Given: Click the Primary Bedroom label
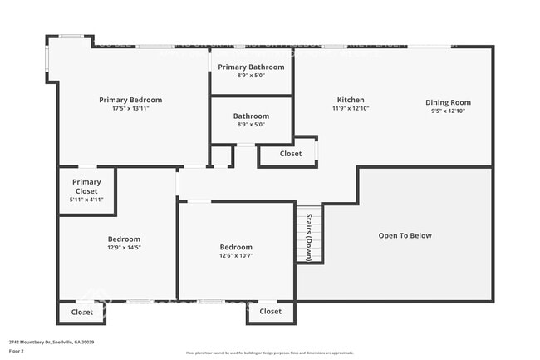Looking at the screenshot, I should (130, 100).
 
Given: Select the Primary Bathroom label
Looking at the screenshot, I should (251, 67).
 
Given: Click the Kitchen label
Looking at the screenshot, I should (350, 100).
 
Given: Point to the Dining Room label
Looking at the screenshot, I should (449, 102).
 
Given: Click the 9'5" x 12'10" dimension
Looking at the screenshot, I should (449, 111).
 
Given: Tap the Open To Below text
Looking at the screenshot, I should (405, 235).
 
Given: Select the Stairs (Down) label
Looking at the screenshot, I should (308, 237).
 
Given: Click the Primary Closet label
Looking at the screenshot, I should (86, 186).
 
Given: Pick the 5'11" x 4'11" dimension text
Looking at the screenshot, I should (86, 200).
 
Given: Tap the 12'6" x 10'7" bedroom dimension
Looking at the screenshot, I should (236, 256).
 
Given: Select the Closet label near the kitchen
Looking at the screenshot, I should (291, 154).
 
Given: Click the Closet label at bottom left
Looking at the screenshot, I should (81, 313).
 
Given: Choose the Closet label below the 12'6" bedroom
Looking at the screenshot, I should (270, 312).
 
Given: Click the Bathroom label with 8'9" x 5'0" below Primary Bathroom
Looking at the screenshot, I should (251, 116).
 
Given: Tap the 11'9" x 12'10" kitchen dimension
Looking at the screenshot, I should (350, 109).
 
